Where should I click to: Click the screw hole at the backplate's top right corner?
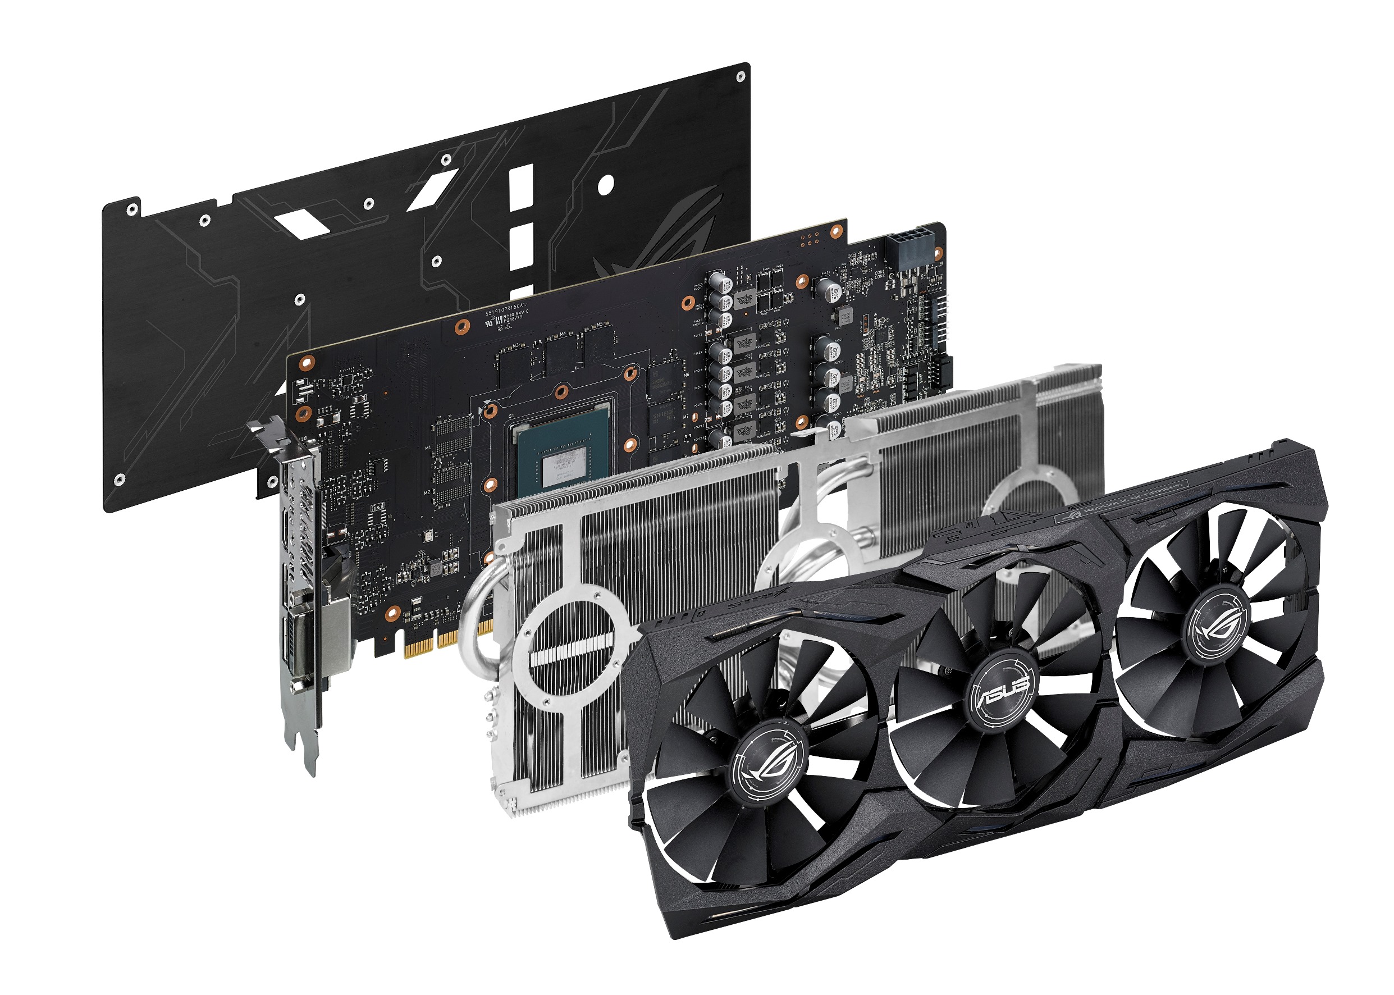tap(740, 76)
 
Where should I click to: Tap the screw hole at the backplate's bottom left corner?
tap(120, 480)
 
